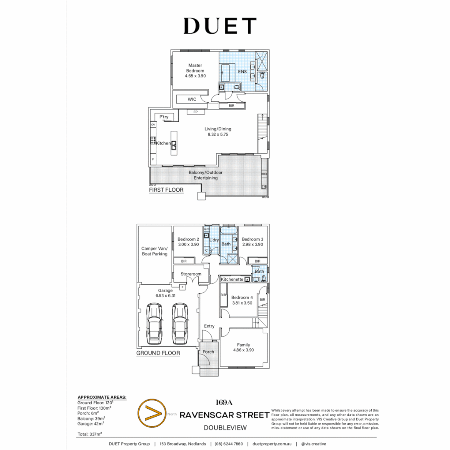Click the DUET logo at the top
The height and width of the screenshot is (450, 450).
220,26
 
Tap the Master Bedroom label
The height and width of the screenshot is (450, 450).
195,68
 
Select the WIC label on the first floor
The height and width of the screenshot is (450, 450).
192,99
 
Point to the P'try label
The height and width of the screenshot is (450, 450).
163,117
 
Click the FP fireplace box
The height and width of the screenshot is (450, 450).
195,112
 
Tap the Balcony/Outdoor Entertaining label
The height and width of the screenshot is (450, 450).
205,175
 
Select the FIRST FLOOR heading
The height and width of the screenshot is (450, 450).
166,190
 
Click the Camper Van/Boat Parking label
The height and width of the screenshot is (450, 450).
154,251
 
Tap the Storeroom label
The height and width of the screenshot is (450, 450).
191,274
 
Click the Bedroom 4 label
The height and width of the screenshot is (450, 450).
242,297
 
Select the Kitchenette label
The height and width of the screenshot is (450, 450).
232,279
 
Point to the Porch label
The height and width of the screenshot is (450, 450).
208,352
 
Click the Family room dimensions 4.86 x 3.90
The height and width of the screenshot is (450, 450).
243,350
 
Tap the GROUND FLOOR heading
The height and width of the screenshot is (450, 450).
158,353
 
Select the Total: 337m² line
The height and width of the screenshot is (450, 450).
89,434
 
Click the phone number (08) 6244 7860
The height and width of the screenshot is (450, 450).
229,444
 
